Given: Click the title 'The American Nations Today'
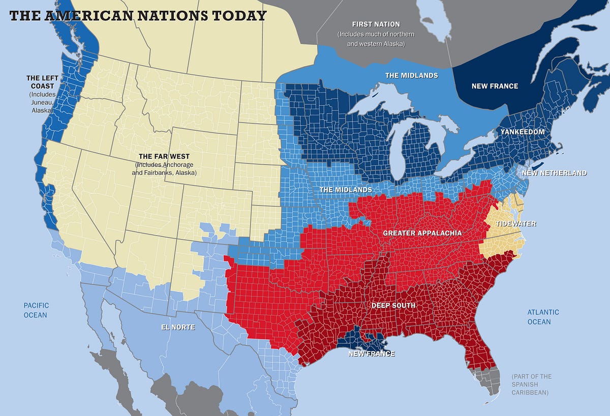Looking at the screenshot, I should [x=138, y=15].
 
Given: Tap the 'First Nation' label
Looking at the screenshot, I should [x=376, y=24].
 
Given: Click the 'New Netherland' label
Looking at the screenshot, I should [x=555, y=173].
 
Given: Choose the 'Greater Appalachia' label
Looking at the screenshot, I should [x=422, y=233].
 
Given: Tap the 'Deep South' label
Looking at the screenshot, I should [x=393, y=306].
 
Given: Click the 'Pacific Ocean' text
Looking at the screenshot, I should [x=36, y=310].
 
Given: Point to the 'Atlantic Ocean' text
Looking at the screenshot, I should [x=542, y=317].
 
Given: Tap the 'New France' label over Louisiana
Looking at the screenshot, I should [x=371, y=353].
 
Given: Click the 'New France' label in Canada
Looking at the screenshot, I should [x=495, y=86].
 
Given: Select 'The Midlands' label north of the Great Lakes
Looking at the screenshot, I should [x=411, y=75].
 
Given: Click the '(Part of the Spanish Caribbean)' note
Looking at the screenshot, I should [x=532, y=384].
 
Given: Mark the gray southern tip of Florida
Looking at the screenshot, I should [x=487, y=381].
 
